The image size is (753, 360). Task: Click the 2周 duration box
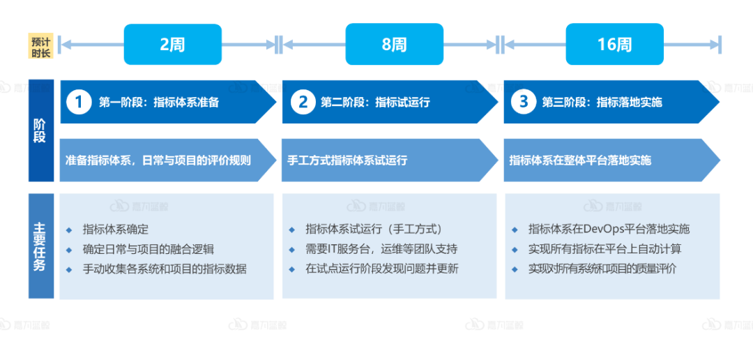click(172, 45)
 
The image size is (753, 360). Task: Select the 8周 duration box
click(394, 45)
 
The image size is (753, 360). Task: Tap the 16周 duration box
click(614, 45)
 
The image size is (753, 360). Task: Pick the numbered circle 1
click(79, 103)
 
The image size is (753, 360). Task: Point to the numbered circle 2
click(303, 103)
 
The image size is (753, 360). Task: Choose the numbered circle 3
click(524, 103)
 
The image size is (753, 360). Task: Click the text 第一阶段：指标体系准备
click(159, 103)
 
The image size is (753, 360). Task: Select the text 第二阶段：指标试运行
click(375, 103)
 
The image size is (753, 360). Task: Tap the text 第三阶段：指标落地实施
click(602, 103)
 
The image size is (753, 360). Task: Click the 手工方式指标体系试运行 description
click(347, 160)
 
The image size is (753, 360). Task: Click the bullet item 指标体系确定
click(116, 230)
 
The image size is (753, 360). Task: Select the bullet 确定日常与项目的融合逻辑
click(148, 249)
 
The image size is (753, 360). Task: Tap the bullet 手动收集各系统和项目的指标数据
click(165, 269)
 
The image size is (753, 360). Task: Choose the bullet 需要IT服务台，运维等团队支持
click(381, 249)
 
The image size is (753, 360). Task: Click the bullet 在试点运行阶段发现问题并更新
click(381, 269)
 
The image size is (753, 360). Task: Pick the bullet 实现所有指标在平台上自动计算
click(604, 249)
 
